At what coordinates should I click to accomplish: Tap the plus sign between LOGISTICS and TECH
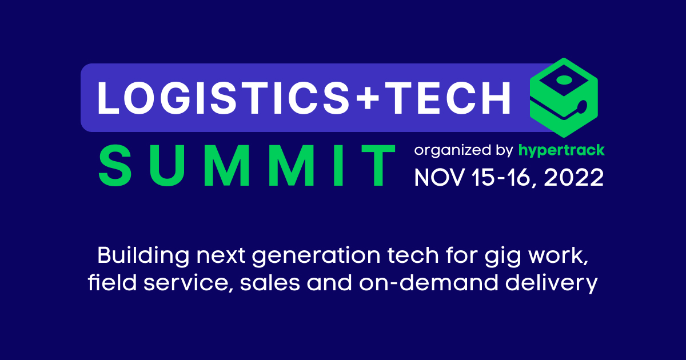point(368,97)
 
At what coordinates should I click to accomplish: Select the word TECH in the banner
point(449,97)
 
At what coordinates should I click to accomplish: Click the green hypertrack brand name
point(562,151)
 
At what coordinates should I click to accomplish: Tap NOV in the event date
point(438,178)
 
